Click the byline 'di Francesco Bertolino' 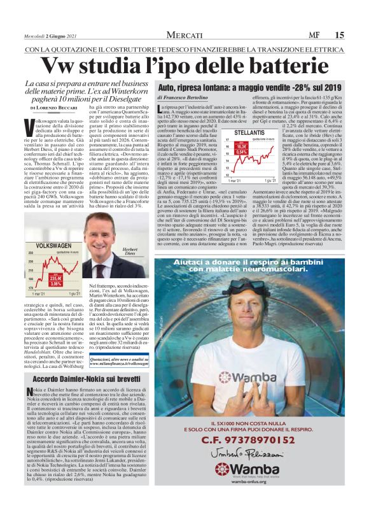coord(183,97)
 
